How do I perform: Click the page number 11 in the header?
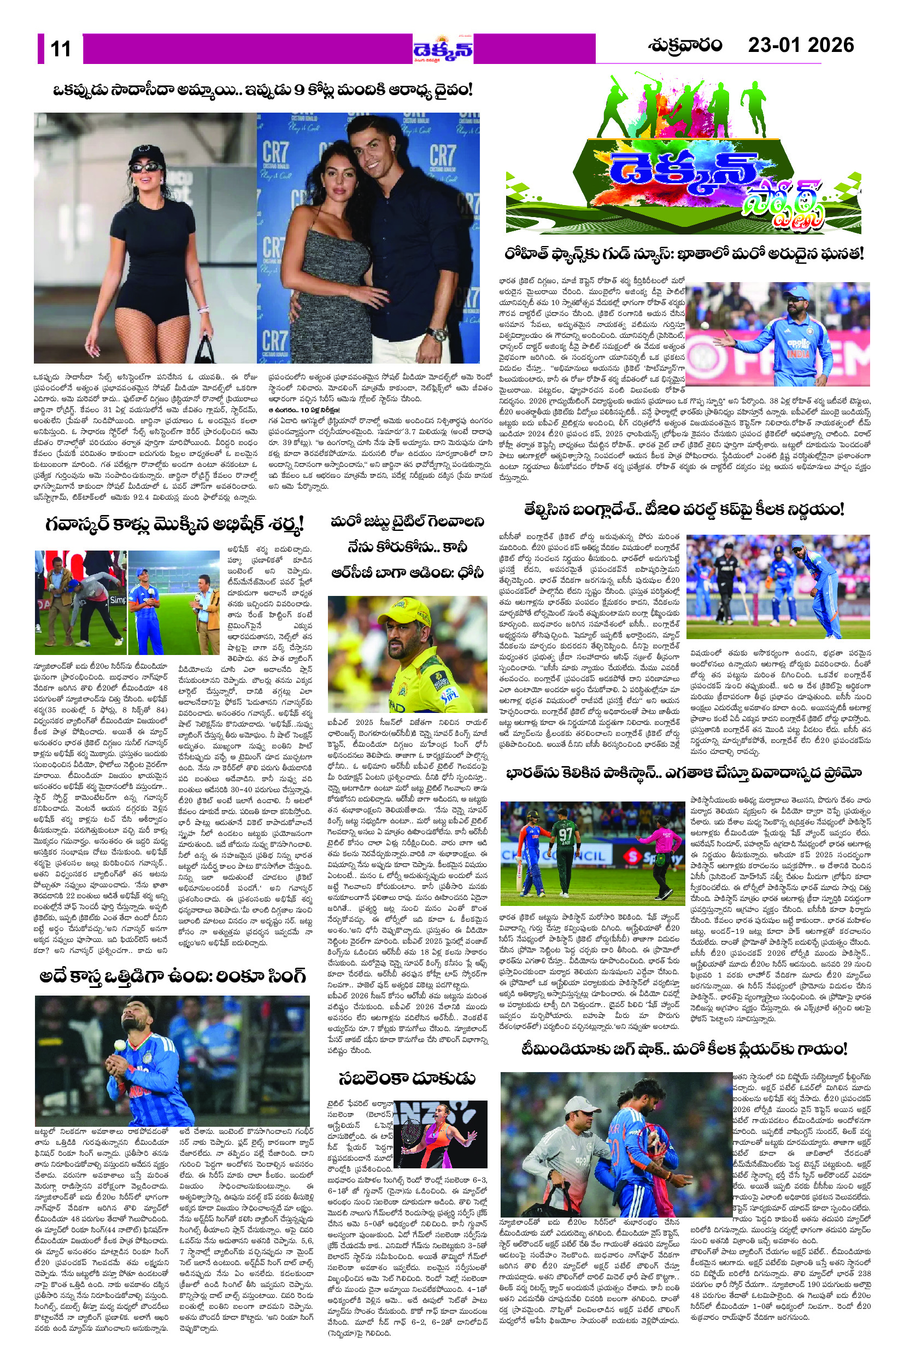[61, 49]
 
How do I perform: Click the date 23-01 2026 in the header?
[800, 45]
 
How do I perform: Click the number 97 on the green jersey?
[565, 834]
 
